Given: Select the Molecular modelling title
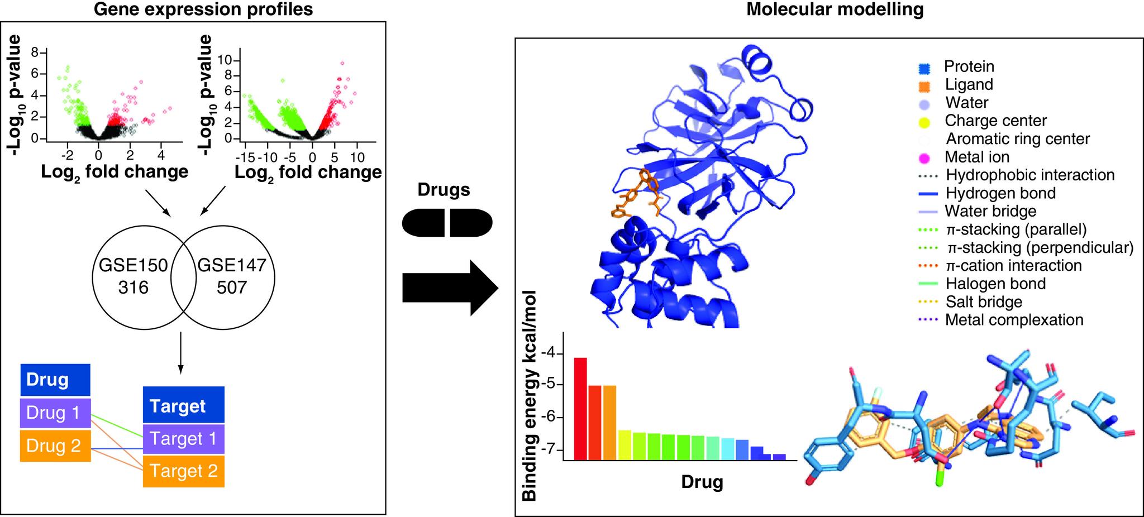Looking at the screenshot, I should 835,9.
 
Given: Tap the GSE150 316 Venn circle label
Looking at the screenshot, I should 133,276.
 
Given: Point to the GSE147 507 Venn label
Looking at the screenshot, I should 232,276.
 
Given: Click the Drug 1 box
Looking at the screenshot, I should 55,413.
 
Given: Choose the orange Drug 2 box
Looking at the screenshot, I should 55,446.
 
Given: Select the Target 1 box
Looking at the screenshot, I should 183,439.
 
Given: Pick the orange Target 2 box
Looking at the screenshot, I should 183,471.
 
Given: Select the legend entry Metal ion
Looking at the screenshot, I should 976,157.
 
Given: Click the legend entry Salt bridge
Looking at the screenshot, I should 983,302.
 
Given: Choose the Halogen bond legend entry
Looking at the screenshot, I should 995,284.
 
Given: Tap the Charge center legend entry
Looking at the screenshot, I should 995,121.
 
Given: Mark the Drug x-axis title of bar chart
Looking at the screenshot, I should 702,482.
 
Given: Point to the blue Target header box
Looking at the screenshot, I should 183,405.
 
